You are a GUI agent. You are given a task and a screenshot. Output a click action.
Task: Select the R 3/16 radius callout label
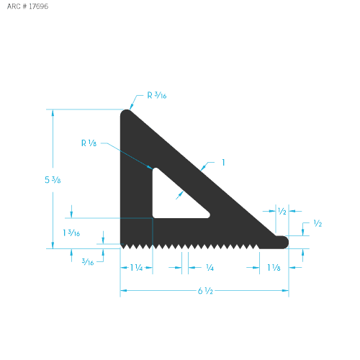157,95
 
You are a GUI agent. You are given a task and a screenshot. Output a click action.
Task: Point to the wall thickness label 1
224,163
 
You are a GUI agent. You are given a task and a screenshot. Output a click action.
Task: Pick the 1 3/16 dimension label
71,232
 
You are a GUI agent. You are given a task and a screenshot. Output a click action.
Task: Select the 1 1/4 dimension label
135,268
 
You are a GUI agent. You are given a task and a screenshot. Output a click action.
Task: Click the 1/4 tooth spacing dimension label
210,268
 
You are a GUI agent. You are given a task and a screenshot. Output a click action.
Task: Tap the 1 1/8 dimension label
274,268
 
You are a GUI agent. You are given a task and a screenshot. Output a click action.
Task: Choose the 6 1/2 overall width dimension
204,291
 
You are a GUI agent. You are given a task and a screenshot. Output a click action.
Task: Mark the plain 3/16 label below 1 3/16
88,261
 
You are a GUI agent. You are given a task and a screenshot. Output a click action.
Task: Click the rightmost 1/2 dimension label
318,224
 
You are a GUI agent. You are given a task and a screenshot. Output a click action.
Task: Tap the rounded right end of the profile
286,242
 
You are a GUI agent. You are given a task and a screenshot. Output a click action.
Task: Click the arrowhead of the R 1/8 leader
151,169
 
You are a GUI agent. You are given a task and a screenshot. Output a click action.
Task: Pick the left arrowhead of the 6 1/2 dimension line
123,291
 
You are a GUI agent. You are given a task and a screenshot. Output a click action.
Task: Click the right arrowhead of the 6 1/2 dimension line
286,291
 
